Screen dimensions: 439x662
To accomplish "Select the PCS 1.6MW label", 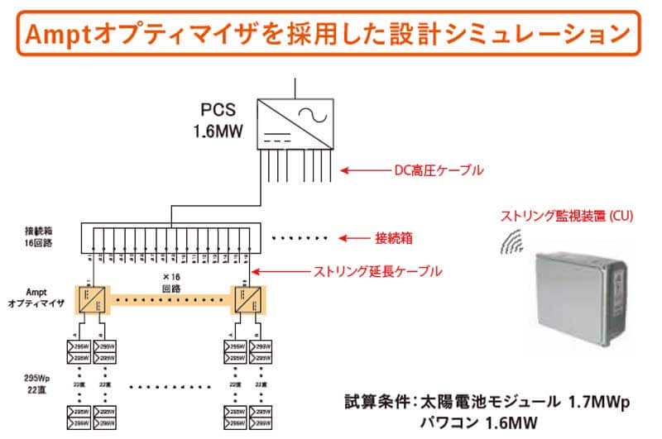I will pyautogui.click(x=218, y=121).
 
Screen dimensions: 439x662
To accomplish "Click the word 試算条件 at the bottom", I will pyautogui.click(x=373, y=403).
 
